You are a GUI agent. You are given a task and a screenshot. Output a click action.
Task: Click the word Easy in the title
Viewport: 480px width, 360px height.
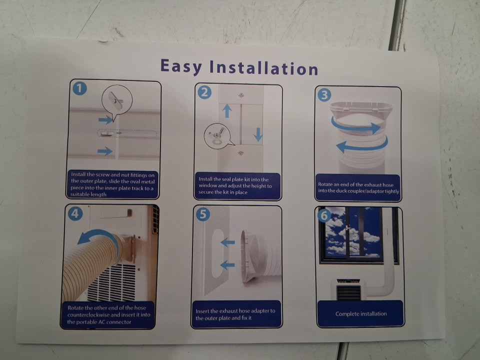tap(181, 66)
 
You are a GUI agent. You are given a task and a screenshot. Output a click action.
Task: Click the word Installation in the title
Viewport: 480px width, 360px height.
tap(264, 68)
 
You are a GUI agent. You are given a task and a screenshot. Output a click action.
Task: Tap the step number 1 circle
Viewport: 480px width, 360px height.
tap(79, 88)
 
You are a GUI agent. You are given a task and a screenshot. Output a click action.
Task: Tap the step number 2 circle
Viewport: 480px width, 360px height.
tap(204, 92)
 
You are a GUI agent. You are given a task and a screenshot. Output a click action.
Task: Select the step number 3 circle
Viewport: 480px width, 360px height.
tap(324, 95)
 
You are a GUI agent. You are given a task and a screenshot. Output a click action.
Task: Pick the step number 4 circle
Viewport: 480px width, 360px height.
tap(75, 213)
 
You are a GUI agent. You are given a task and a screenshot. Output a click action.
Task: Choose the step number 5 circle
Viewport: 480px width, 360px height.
tap(203, 214)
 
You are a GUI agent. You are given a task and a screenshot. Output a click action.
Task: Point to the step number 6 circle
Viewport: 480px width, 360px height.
tap(324, 215)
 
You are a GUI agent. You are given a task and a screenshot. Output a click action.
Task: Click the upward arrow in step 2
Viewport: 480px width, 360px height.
tap(227, 111)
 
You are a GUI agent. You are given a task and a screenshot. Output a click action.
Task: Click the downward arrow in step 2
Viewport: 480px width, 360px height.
tap(258, 134)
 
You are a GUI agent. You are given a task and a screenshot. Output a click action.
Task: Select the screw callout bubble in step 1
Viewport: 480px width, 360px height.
tap(117, 101)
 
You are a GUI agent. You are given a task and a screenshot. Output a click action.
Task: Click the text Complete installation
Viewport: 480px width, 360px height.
tap(361, 314)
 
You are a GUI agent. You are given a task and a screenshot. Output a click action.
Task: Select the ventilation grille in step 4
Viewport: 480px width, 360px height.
tap(111, 282)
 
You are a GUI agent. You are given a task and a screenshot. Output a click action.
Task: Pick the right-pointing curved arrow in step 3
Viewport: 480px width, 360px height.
tap(356, 126)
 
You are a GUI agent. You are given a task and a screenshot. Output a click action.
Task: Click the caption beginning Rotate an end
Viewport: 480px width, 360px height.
tap(358, 188)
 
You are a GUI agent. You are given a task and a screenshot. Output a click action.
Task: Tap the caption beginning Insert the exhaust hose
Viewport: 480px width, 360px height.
tap(235, 314)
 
